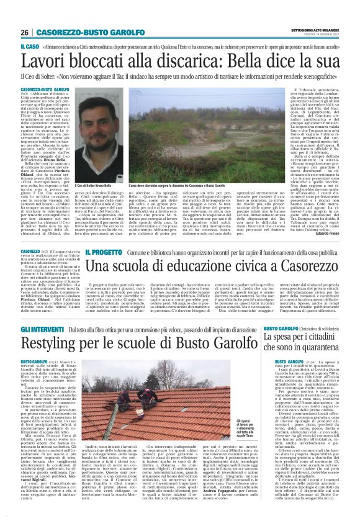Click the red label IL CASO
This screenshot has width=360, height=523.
[30, 47]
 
